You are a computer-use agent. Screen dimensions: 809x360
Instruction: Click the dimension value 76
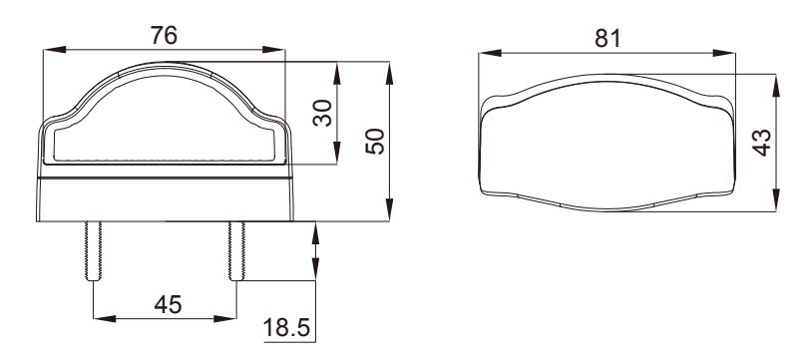(164, 36)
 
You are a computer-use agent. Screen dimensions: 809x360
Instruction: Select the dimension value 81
(608, 38)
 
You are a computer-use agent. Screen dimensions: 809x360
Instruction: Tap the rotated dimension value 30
(323, 113)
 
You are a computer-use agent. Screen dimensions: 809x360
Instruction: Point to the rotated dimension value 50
(375, 141)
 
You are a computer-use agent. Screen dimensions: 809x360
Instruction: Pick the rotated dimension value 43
(762, 143)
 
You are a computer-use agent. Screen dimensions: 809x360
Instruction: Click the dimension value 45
(169, 305)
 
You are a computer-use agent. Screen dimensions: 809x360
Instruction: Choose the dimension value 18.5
(286, 327)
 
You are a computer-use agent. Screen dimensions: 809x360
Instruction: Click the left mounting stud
(94, 251)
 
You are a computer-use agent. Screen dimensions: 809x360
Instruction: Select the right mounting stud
(236, 251)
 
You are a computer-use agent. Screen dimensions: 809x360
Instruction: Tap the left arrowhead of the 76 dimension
(55, 50)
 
